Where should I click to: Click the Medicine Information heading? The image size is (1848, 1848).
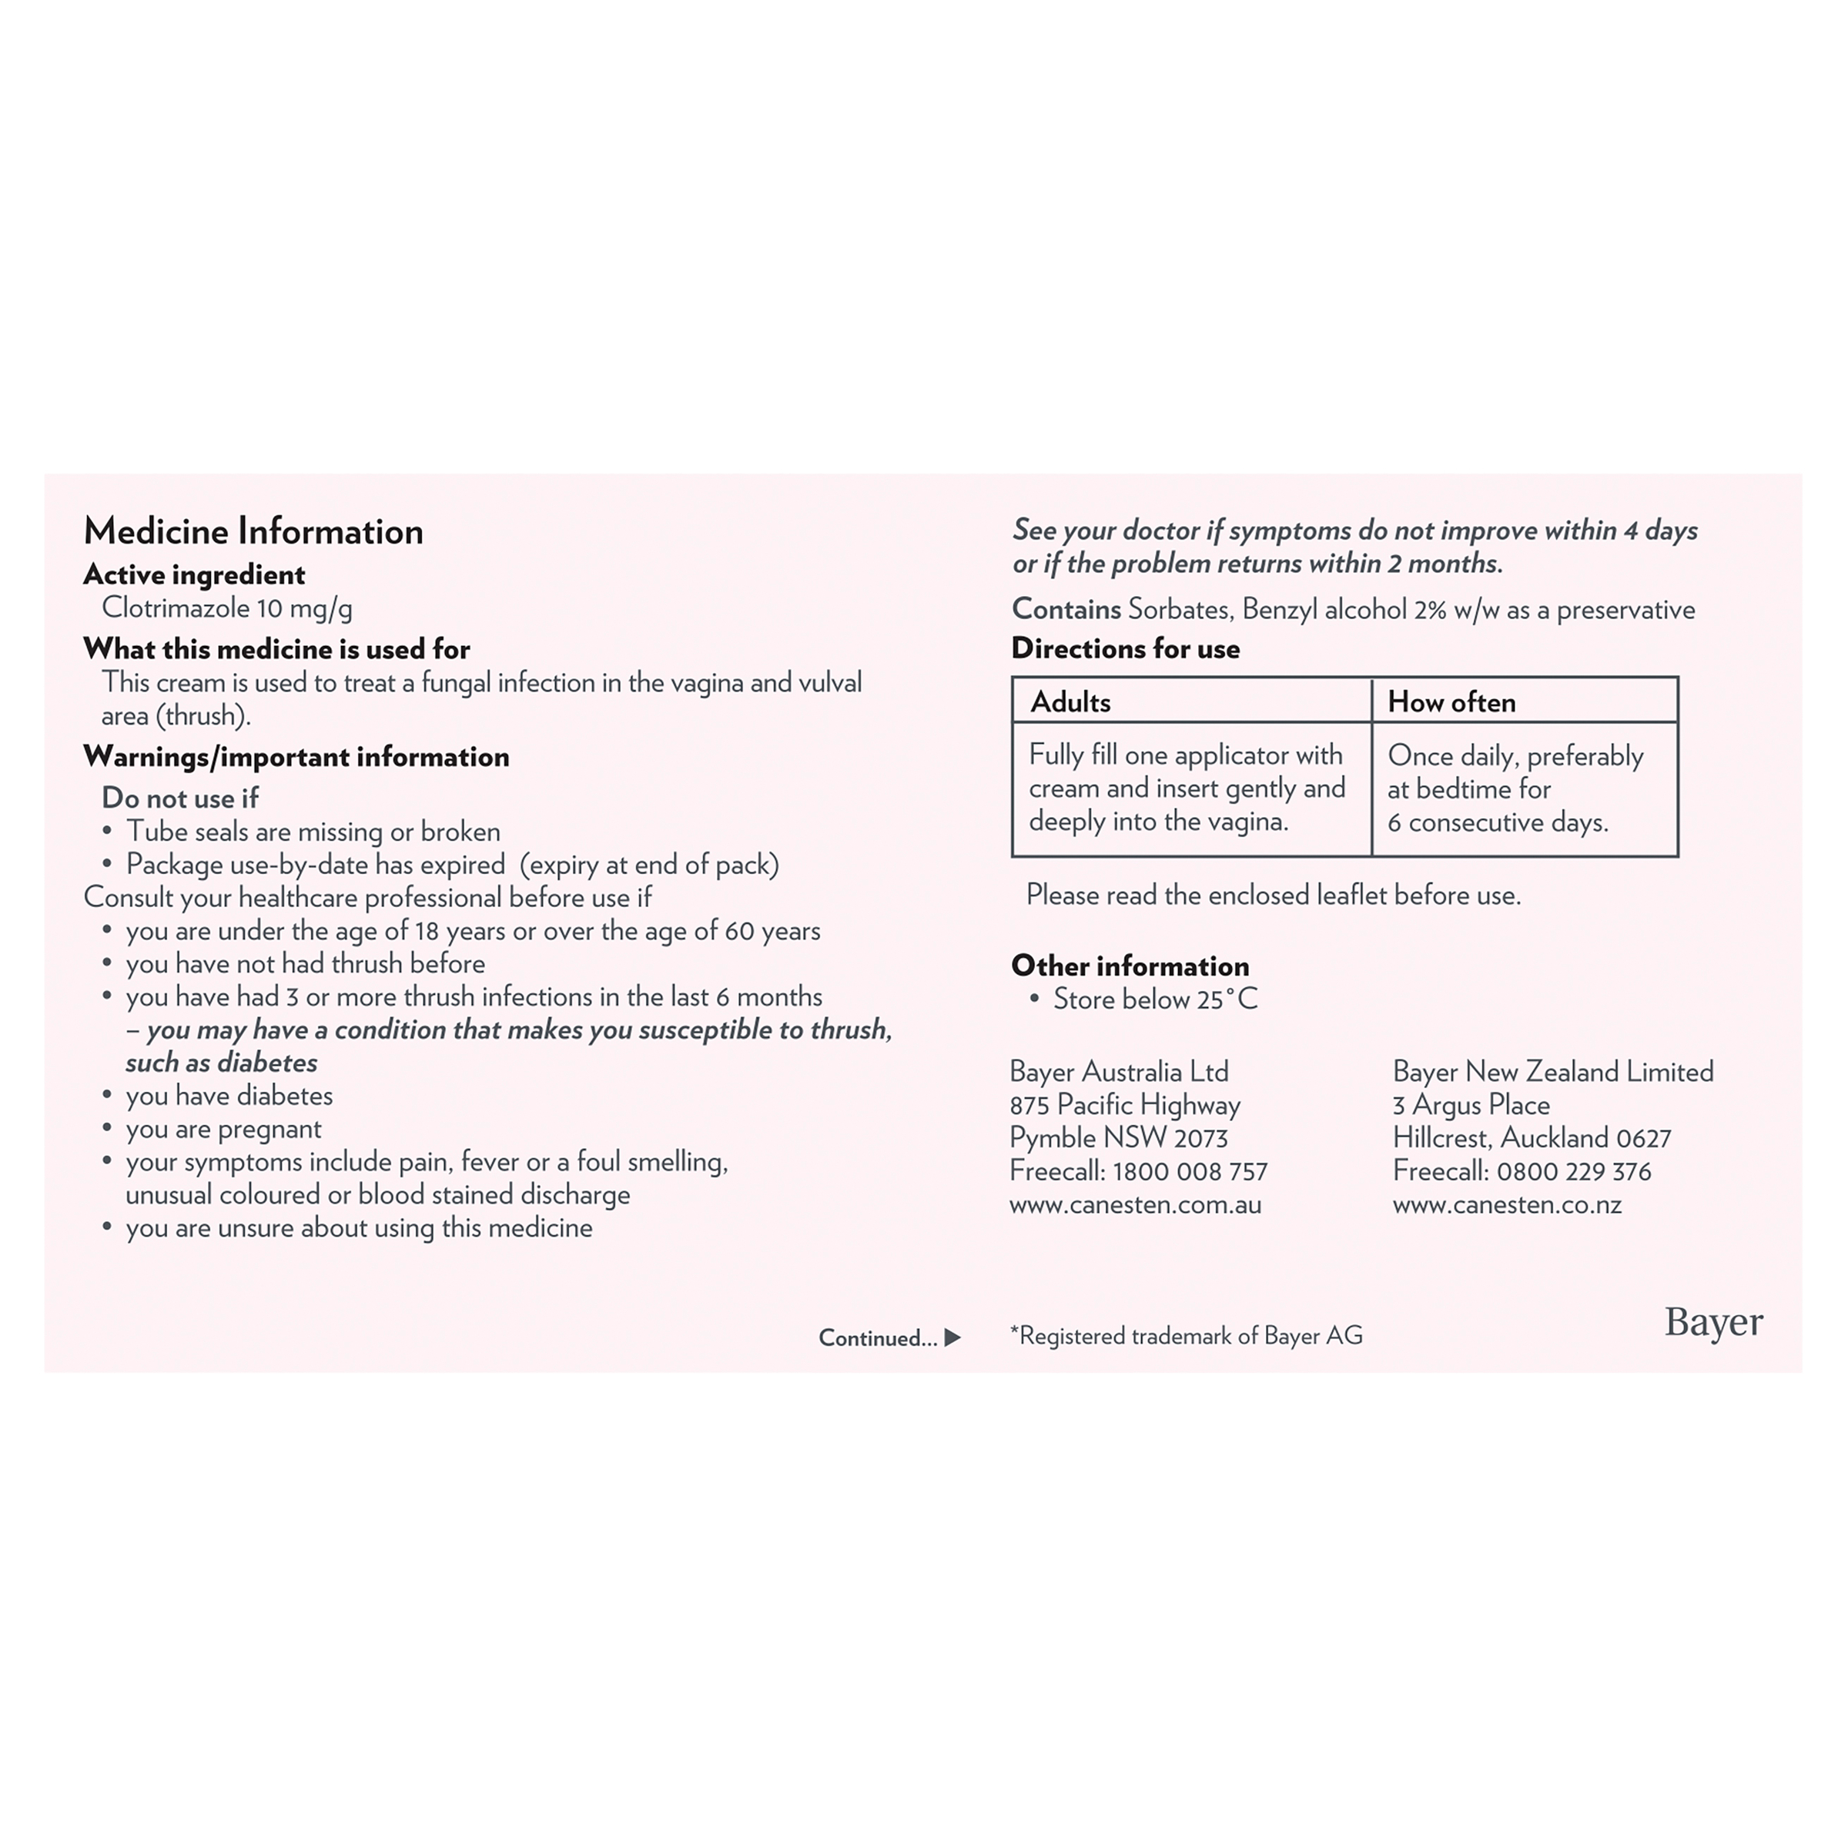[253, 531]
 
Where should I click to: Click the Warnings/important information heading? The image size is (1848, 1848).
[296, 757]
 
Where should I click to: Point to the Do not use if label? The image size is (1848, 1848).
[180, 798]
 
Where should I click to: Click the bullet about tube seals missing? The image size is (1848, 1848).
[313, 832]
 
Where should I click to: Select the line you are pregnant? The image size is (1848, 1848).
[223, 1129]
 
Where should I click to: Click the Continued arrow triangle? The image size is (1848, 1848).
[952, 1337]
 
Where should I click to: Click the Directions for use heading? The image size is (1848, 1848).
[1125, 648]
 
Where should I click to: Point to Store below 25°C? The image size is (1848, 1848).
[1154, 999]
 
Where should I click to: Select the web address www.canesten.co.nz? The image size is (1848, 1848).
[1507, 1204]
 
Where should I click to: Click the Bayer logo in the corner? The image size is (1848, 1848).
[1713, 1322]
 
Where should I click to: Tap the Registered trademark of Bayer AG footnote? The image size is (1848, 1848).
[1186, 1335]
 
